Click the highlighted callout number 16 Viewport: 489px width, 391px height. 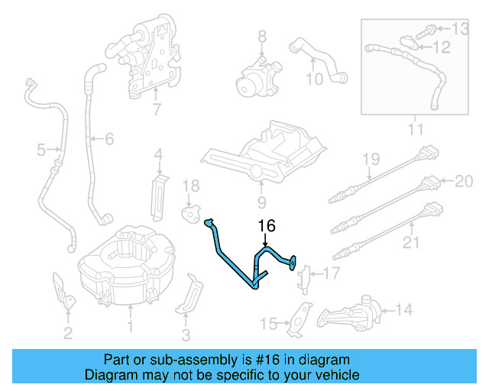click(x=265, y=227)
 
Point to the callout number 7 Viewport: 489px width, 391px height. click(x=157, y=110)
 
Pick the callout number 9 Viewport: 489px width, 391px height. click(x=261, y=203)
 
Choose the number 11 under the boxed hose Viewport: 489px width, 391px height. click(x=415, y=130)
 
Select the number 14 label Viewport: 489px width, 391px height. click(x=404, y=310)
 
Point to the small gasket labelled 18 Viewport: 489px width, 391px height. click(x=189, y=211)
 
